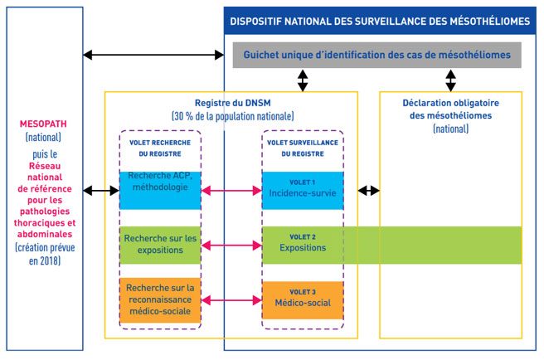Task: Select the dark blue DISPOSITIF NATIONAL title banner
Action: (x=381, y=22)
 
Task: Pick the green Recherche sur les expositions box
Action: (x=160, y=245)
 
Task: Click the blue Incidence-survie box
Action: (x=303, y=190)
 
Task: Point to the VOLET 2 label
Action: (x=303, y=236)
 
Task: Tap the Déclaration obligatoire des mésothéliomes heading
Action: (x=451, y=109)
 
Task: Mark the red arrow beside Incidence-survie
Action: (x=231, y=191)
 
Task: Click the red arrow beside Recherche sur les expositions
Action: (x=231, y=246)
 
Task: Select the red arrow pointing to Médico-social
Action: (x=231, y=299)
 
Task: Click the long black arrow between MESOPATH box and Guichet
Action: (x=153, y=56)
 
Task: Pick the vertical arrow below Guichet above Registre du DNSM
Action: (x=303, y=80)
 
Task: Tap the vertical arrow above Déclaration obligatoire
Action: (x=451, y=80)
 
